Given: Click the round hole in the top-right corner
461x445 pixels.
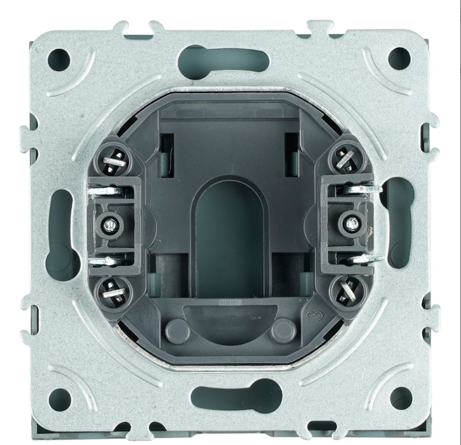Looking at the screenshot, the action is [x=399, y=57].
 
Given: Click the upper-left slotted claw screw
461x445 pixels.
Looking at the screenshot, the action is [x=114, y=161].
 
